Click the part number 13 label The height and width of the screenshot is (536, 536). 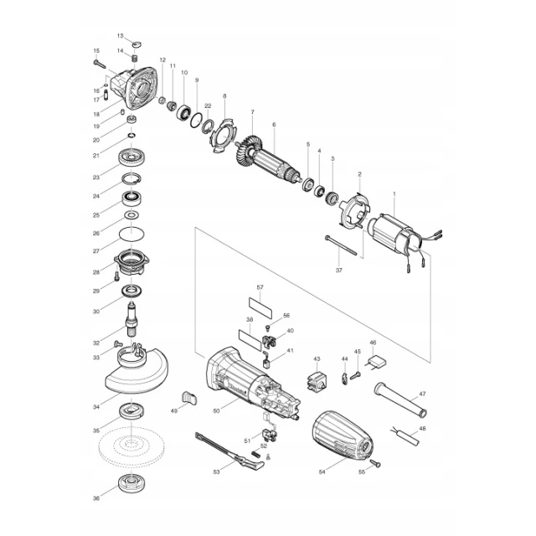click(120, 35)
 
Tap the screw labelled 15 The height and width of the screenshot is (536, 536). click(100, 64)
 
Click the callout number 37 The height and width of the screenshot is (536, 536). click(338, 270)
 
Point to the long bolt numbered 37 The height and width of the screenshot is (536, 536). click(341, 245)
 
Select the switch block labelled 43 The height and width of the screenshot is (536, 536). click(317, 382)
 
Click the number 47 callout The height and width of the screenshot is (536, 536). click(422, 394)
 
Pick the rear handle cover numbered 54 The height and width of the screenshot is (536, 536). click(343, 435)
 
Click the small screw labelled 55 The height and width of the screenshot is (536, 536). click(376, 463)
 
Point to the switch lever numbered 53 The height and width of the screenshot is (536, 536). click(229, 451)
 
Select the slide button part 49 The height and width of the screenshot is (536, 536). click(188, 398)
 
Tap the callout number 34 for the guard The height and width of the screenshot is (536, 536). click(96, 407)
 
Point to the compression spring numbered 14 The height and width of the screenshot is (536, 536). click(135, 57)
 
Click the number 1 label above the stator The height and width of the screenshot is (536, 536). click(394, 193)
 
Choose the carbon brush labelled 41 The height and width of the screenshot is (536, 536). click(266, 361)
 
